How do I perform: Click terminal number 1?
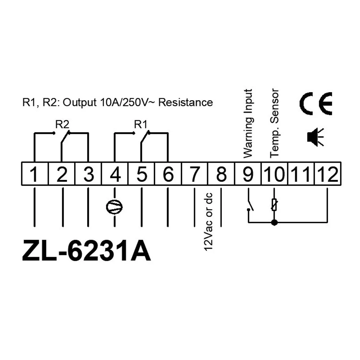pos(35,175)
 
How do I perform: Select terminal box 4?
pos(115,175)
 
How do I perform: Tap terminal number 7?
pos(194,175)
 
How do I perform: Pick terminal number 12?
pos(328,175)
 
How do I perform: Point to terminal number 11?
pos(302,175)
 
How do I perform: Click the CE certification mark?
pos(316,104)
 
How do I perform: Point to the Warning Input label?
pos(248,123)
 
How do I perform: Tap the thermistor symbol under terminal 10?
pos(274,205)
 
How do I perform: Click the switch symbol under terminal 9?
pos(249,205)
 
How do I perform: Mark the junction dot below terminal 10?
pos(274,222)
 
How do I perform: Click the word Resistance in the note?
pos(186,103)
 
